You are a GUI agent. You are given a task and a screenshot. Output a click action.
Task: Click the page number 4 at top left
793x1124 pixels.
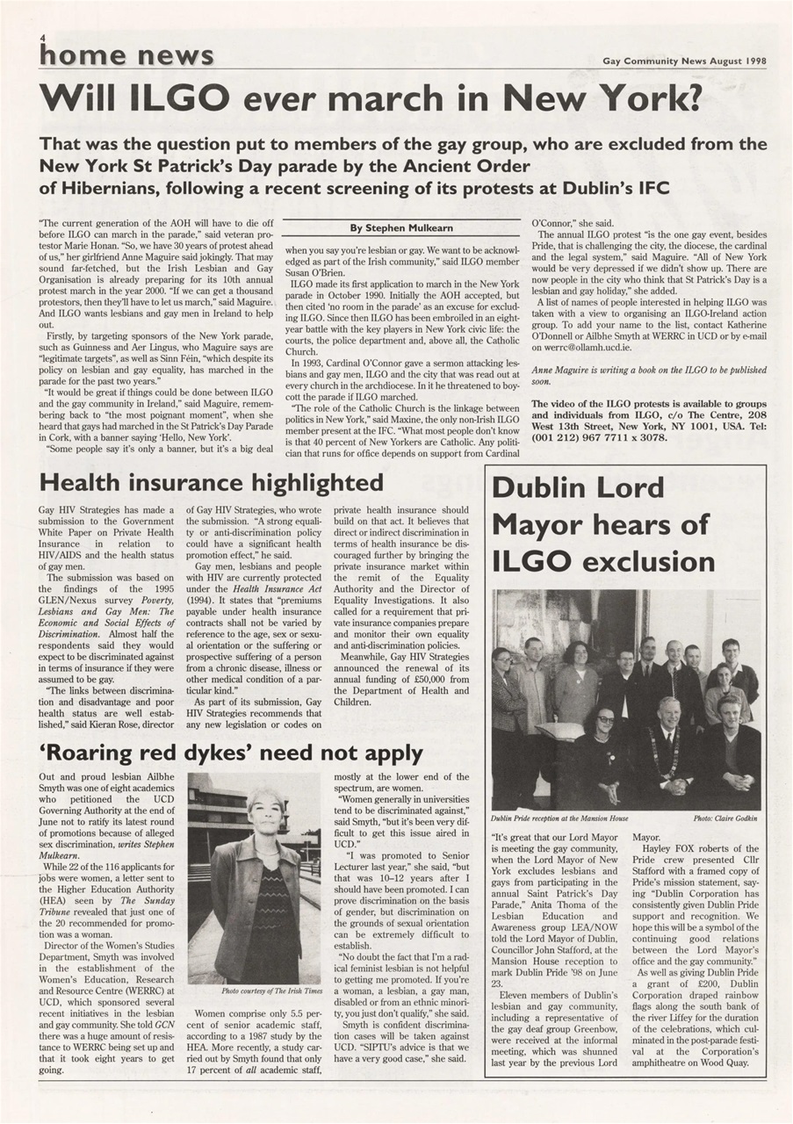(x=40, y=38)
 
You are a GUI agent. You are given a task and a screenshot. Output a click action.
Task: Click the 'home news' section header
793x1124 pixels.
(x=126, y=55)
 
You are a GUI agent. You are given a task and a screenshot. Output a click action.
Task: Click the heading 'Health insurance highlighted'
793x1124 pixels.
(x=211, y=483)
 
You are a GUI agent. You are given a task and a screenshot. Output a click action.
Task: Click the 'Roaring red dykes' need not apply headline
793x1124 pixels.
(x=231, y=753)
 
